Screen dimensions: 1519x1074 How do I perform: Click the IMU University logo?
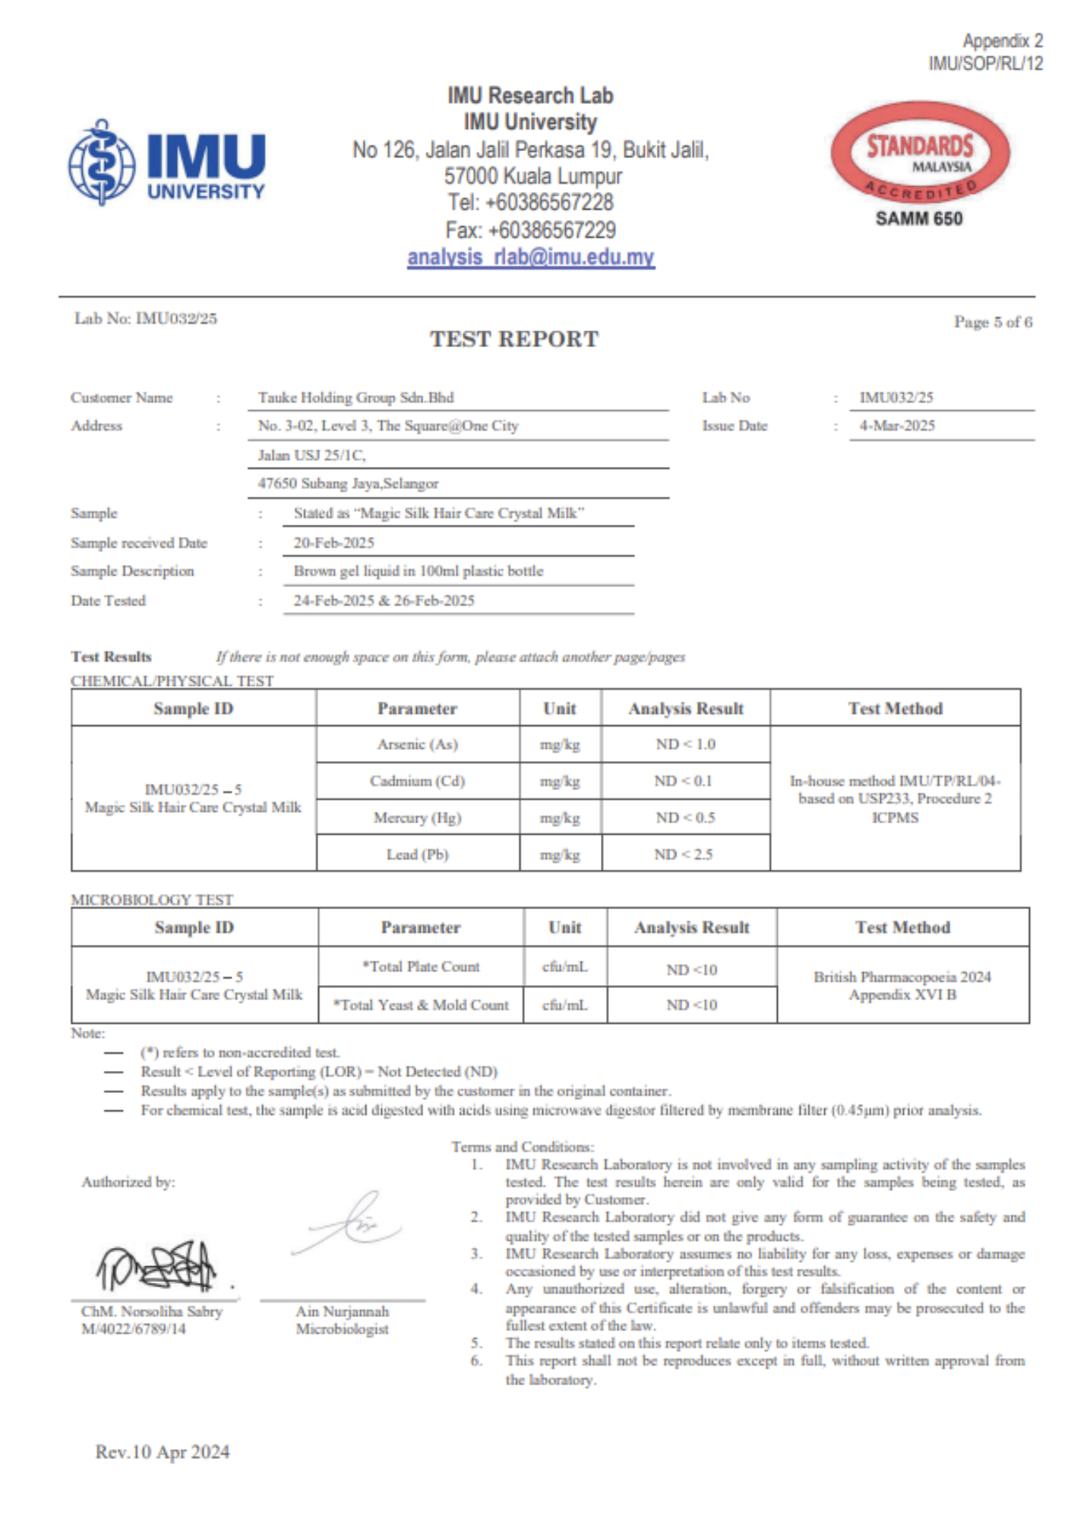click(167, 163)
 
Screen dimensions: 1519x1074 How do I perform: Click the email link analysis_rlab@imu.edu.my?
click(531, 257)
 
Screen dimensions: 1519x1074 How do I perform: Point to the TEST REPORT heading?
click(514, 339)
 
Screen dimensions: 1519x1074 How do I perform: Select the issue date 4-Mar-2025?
click(897, 426)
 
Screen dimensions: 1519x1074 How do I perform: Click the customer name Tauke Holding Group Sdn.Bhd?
click(355, 398)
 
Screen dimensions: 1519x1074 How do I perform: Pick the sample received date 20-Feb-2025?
click(334, 543)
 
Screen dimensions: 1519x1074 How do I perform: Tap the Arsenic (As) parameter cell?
click(418, 744)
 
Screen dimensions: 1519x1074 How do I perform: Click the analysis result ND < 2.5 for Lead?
click(684, 854)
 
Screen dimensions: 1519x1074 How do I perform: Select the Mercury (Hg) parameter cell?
click(418, 818)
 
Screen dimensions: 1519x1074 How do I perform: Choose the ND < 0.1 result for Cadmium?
click(684, 781)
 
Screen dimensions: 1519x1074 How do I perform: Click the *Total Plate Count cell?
click(421, 967)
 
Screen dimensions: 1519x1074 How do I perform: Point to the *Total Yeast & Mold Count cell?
click(421, 1005)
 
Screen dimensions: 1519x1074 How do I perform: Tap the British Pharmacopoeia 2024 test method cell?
click(902, 985)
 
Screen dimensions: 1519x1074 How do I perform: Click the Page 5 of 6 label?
click(993, 322)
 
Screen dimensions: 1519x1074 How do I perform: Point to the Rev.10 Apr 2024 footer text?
click(163, 1452)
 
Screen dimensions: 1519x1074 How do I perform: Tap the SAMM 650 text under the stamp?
click(918, 219)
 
